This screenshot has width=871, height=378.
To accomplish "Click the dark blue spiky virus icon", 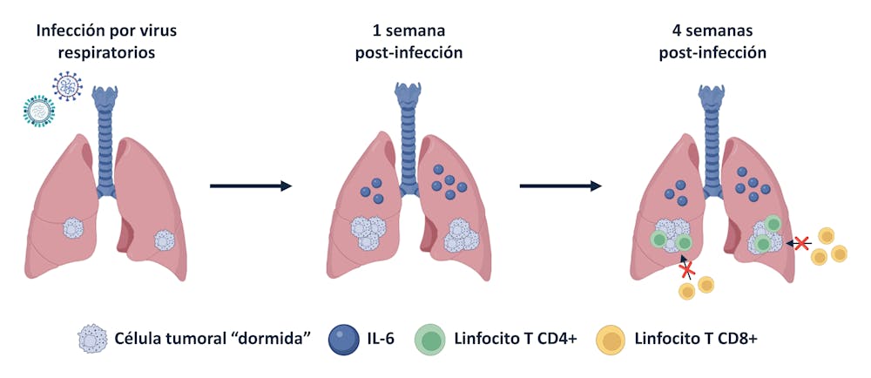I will pos(66,85).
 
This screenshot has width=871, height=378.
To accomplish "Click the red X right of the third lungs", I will pos(802,244).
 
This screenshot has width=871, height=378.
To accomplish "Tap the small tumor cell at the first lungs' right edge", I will pos(164,239).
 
